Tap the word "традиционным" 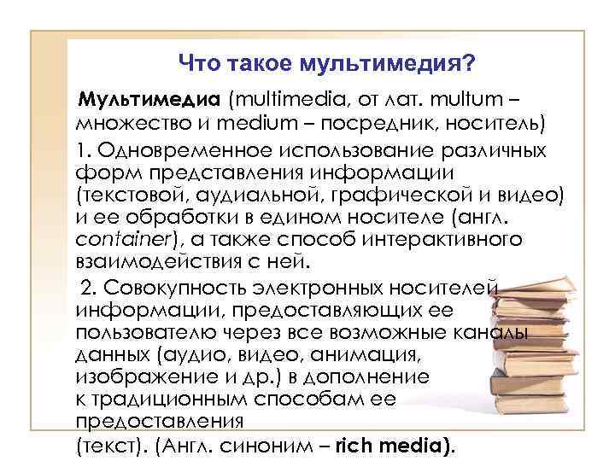166,398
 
